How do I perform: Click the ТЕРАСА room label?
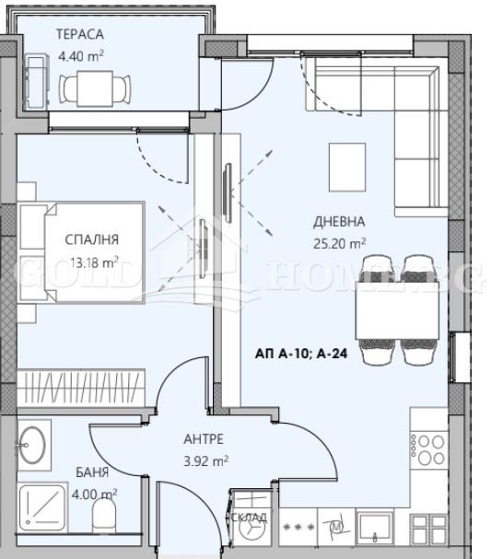(x=81, y=35)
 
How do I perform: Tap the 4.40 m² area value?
(x=81, y=55)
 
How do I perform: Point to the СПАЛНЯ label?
(x=92, y=240)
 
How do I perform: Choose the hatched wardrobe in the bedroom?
(x=84, y=383)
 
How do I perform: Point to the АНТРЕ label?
(x=204, y=439)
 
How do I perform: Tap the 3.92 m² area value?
(x=206, y=460)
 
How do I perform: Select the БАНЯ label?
(x=92, y=472)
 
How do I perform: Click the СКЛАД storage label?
(x=249, y=518)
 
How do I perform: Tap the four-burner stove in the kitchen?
(x=428, y=448)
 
